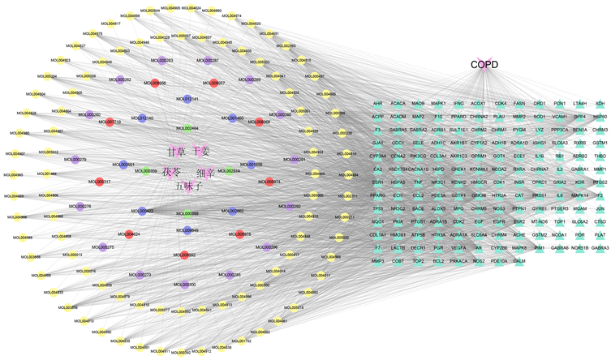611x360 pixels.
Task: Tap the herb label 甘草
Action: pos(176,152)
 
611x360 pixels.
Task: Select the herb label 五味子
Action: pos(189,186)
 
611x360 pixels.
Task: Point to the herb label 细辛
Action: pos(205,174)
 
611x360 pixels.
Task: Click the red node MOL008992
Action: pos(185,254)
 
